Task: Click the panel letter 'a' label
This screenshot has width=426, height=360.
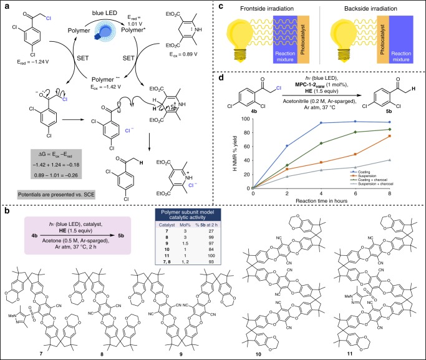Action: (5, 6)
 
